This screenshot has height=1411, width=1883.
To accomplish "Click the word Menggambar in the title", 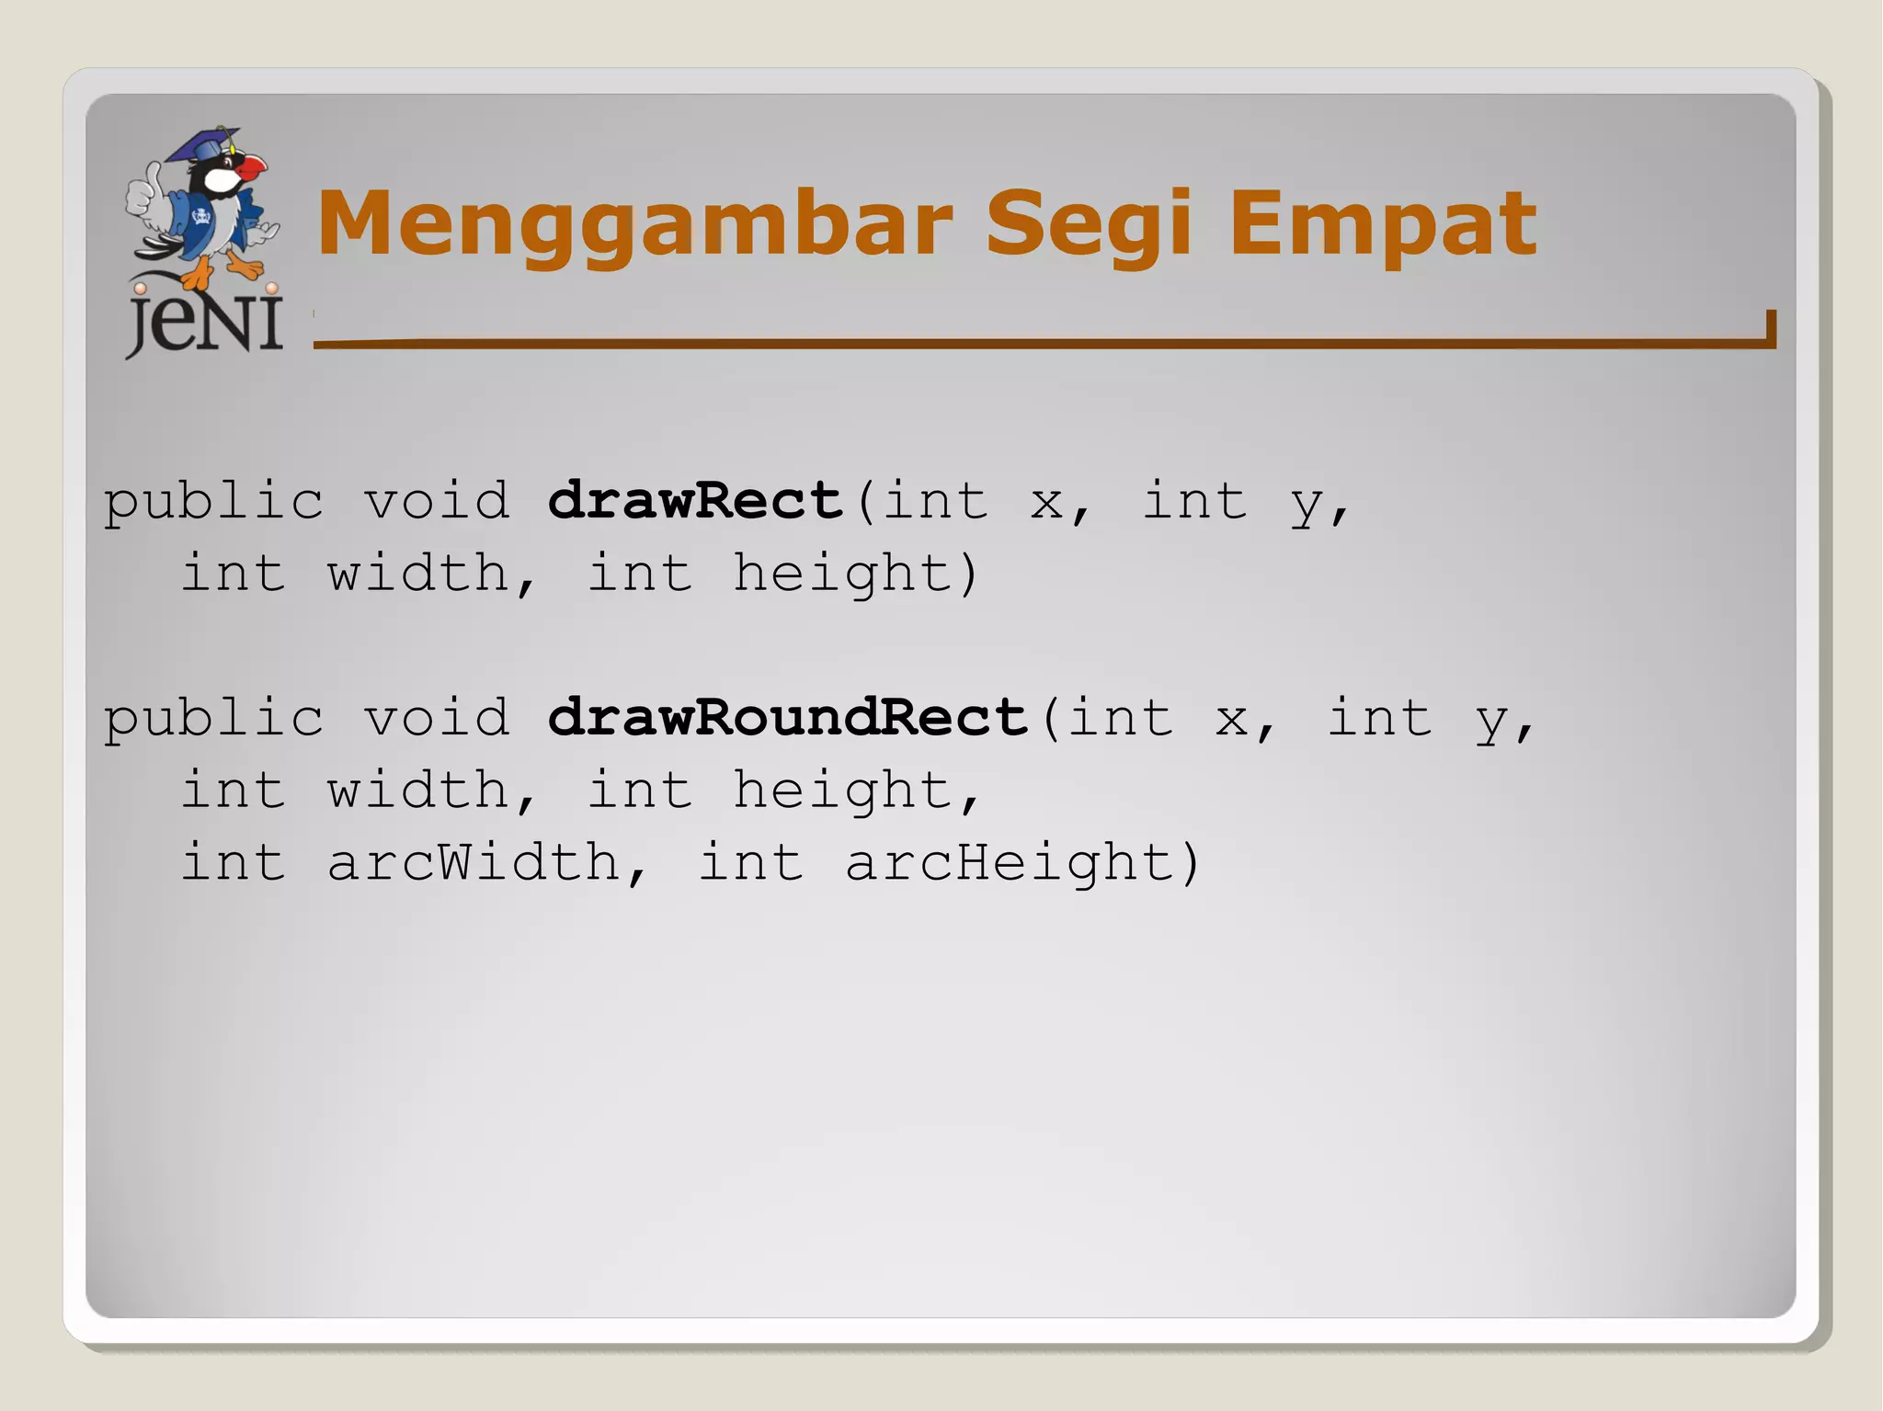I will (x=634, y=223).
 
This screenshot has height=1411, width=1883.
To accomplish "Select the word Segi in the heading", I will (x=1088, y=223).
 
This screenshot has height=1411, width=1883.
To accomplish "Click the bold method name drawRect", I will (x=695, y=501).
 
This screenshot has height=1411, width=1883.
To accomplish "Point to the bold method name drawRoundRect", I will (x=787, y=717).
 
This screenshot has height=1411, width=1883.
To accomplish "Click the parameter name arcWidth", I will (x=474, y=862).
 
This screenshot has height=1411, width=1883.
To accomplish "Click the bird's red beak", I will (x=250, y=168).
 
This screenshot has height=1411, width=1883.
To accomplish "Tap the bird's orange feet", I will (x=221, y=271).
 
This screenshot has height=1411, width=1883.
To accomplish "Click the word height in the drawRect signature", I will (x=843, y=574).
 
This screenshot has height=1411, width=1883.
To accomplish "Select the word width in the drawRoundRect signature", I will (x=418, y=790).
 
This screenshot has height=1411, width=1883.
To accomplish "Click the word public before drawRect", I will (x=213, y=502).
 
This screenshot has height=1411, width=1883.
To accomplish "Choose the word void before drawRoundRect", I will (x=437, y=717).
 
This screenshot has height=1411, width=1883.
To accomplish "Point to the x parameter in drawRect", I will (x=1046, y=502).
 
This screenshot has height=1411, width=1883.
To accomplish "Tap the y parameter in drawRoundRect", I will (x=1491, y=719).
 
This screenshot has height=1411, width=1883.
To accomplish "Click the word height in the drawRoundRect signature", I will (x=843, y=790).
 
